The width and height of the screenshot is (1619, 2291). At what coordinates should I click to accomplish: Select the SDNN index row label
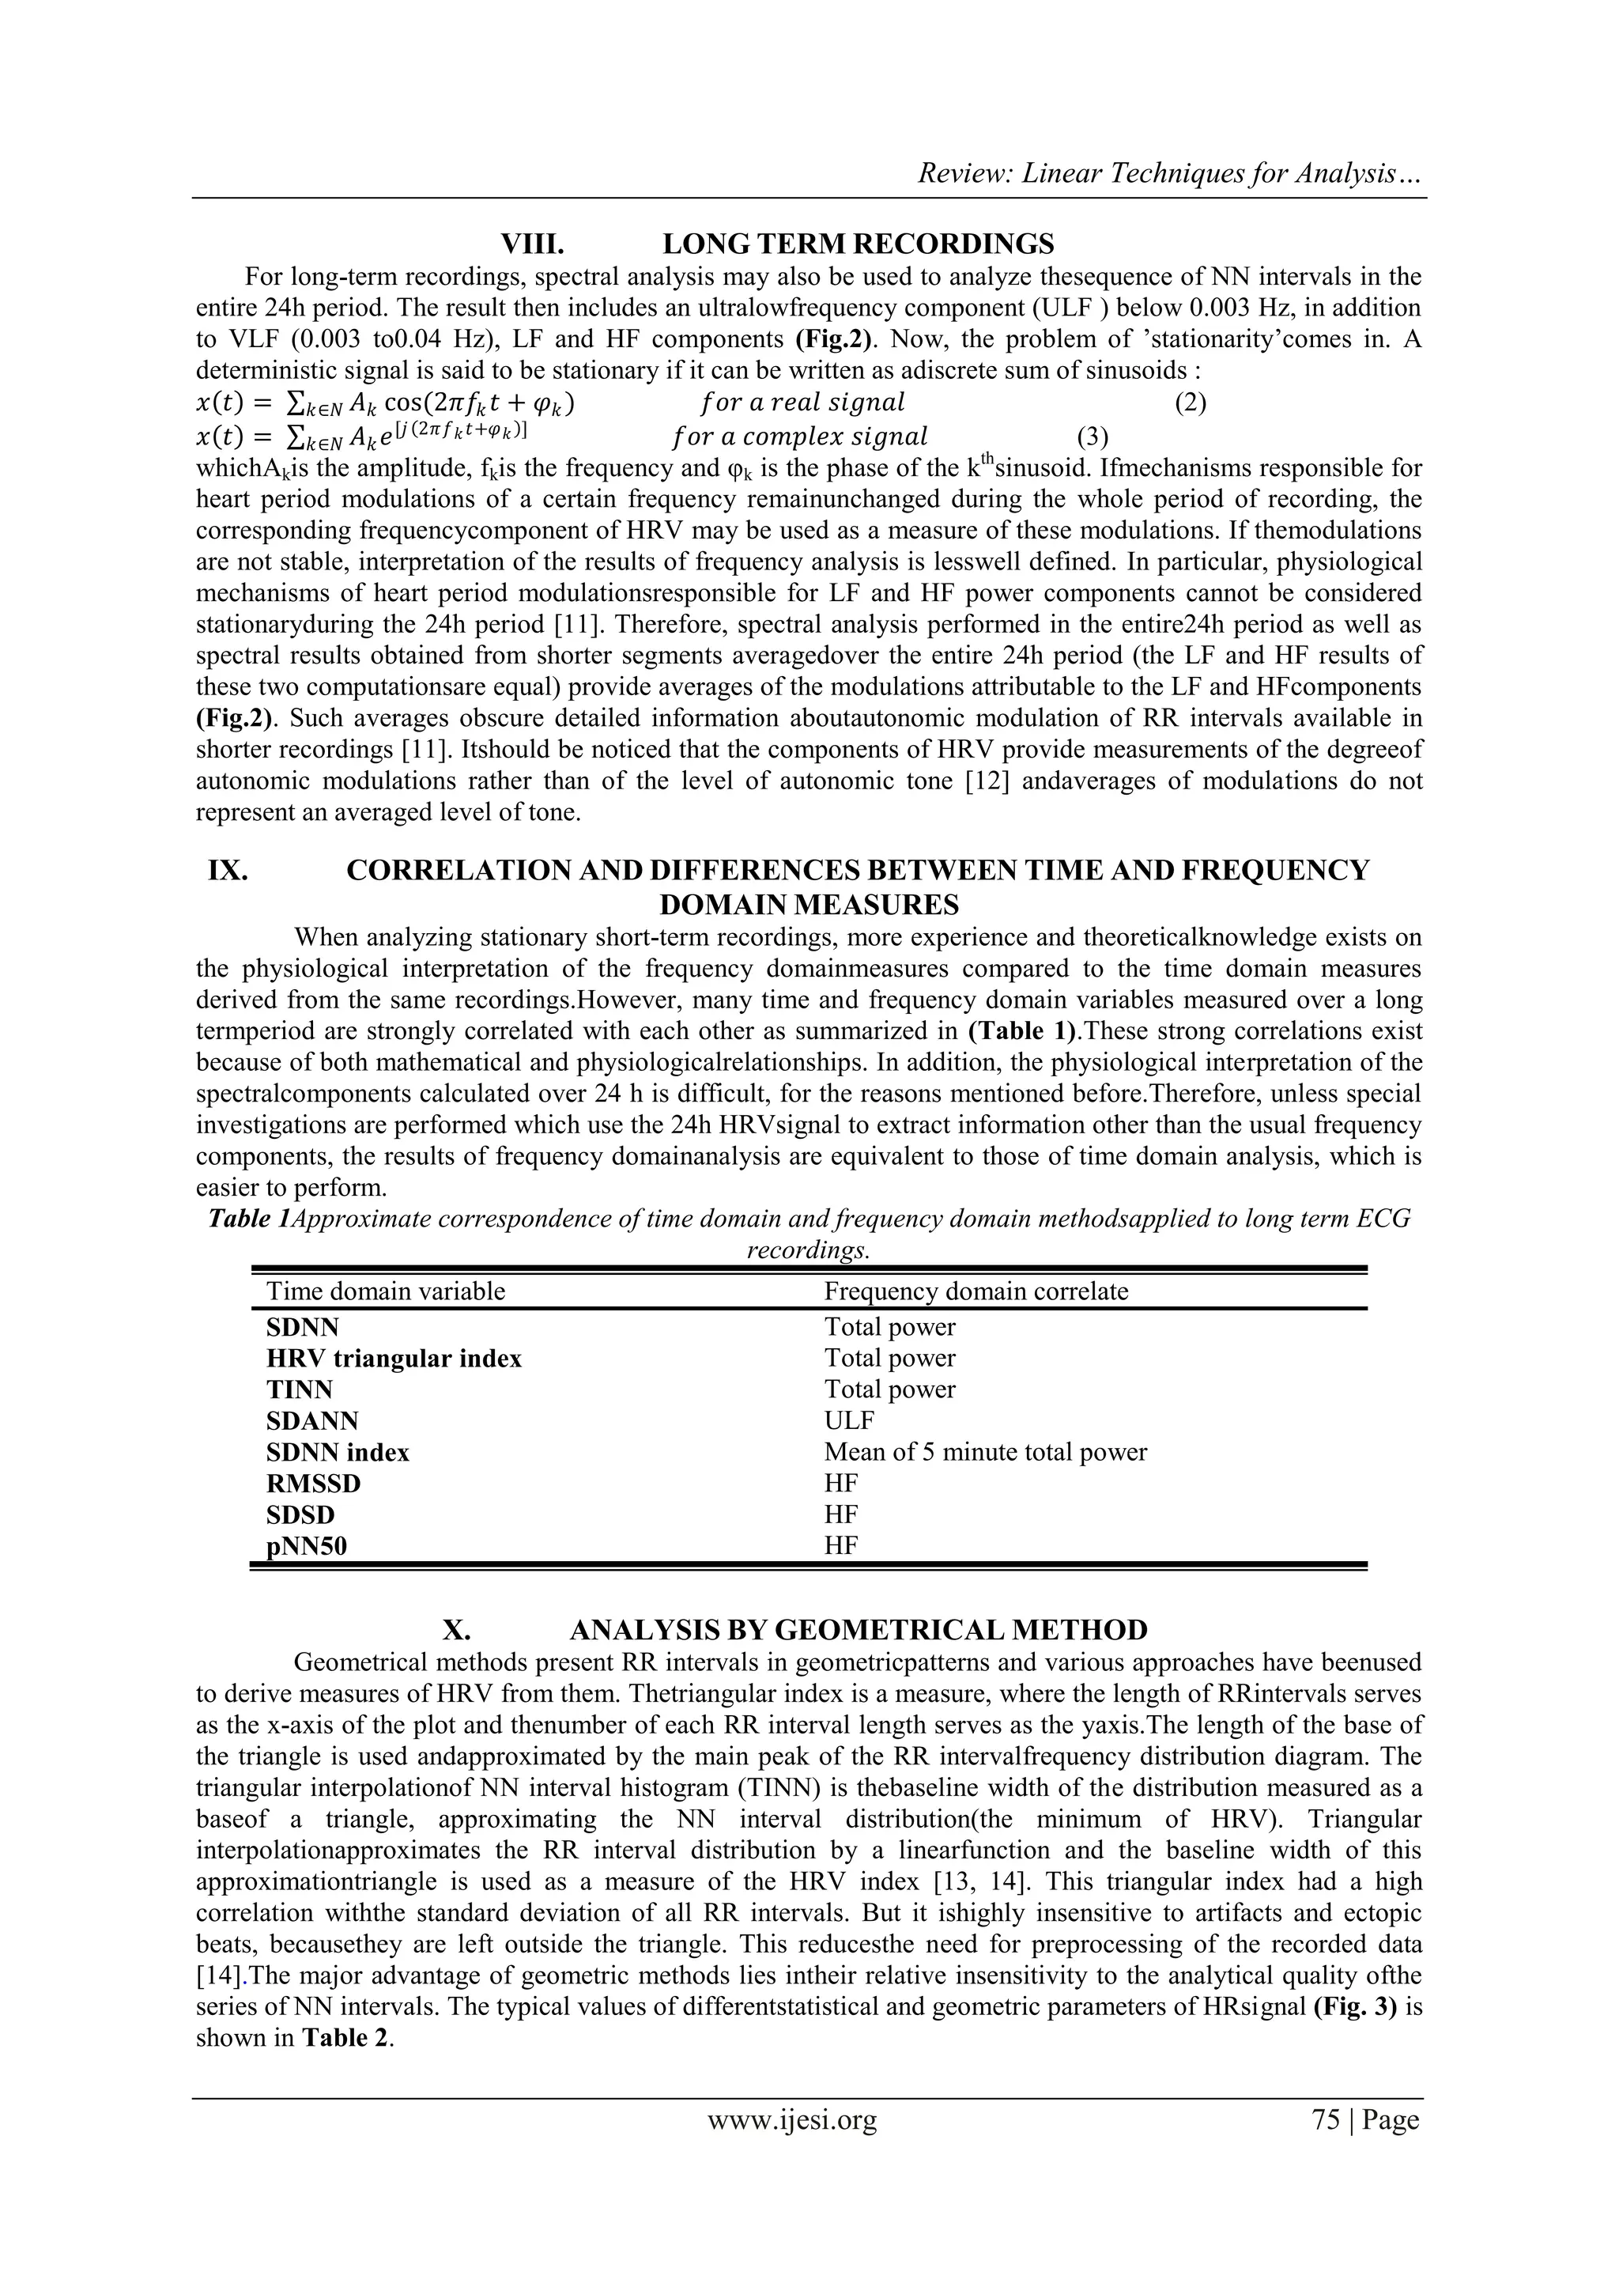point(338,1452)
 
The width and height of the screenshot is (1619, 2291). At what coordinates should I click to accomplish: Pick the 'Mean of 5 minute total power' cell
point(984,1452)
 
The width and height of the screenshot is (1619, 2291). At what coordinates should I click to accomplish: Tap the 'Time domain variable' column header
point(385,1291)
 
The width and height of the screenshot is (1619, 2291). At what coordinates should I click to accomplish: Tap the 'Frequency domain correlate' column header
point(976,1291)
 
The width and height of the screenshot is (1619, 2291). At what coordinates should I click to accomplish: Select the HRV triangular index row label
point(393,1358)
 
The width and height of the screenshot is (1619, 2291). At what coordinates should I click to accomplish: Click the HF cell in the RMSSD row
point(841,1483)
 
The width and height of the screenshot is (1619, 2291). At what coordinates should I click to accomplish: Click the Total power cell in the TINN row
point(889,1389)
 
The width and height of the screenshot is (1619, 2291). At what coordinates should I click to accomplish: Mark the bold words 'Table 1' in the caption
point(248,1219)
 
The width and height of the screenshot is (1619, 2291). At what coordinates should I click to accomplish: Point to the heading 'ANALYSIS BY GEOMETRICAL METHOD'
point(858,1631)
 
